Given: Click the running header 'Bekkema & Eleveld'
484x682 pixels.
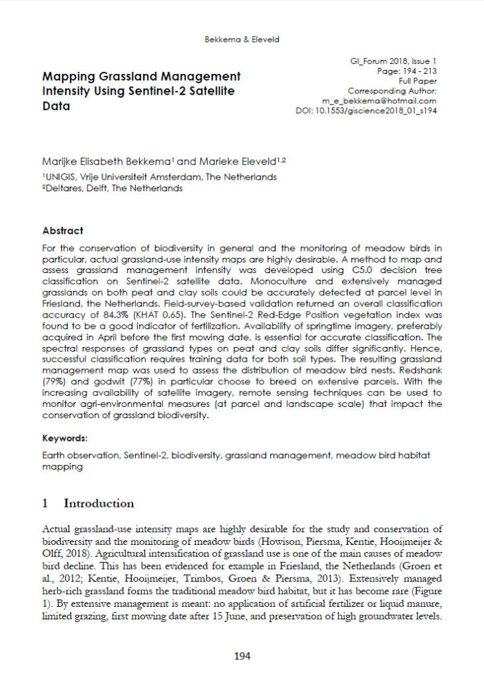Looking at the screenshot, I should pyautogui.click(x=242, y=39).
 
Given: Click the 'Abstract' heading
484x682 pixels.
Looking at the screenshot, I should pyautogui.click(x=63, y=230).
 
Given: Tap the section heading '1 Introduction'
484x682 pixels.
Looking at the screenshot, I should pyautogui.click(x=88, y=503).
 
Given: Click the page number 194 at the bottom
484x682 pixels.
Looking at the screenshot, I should pyautogui.click(x=242, y=656).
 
